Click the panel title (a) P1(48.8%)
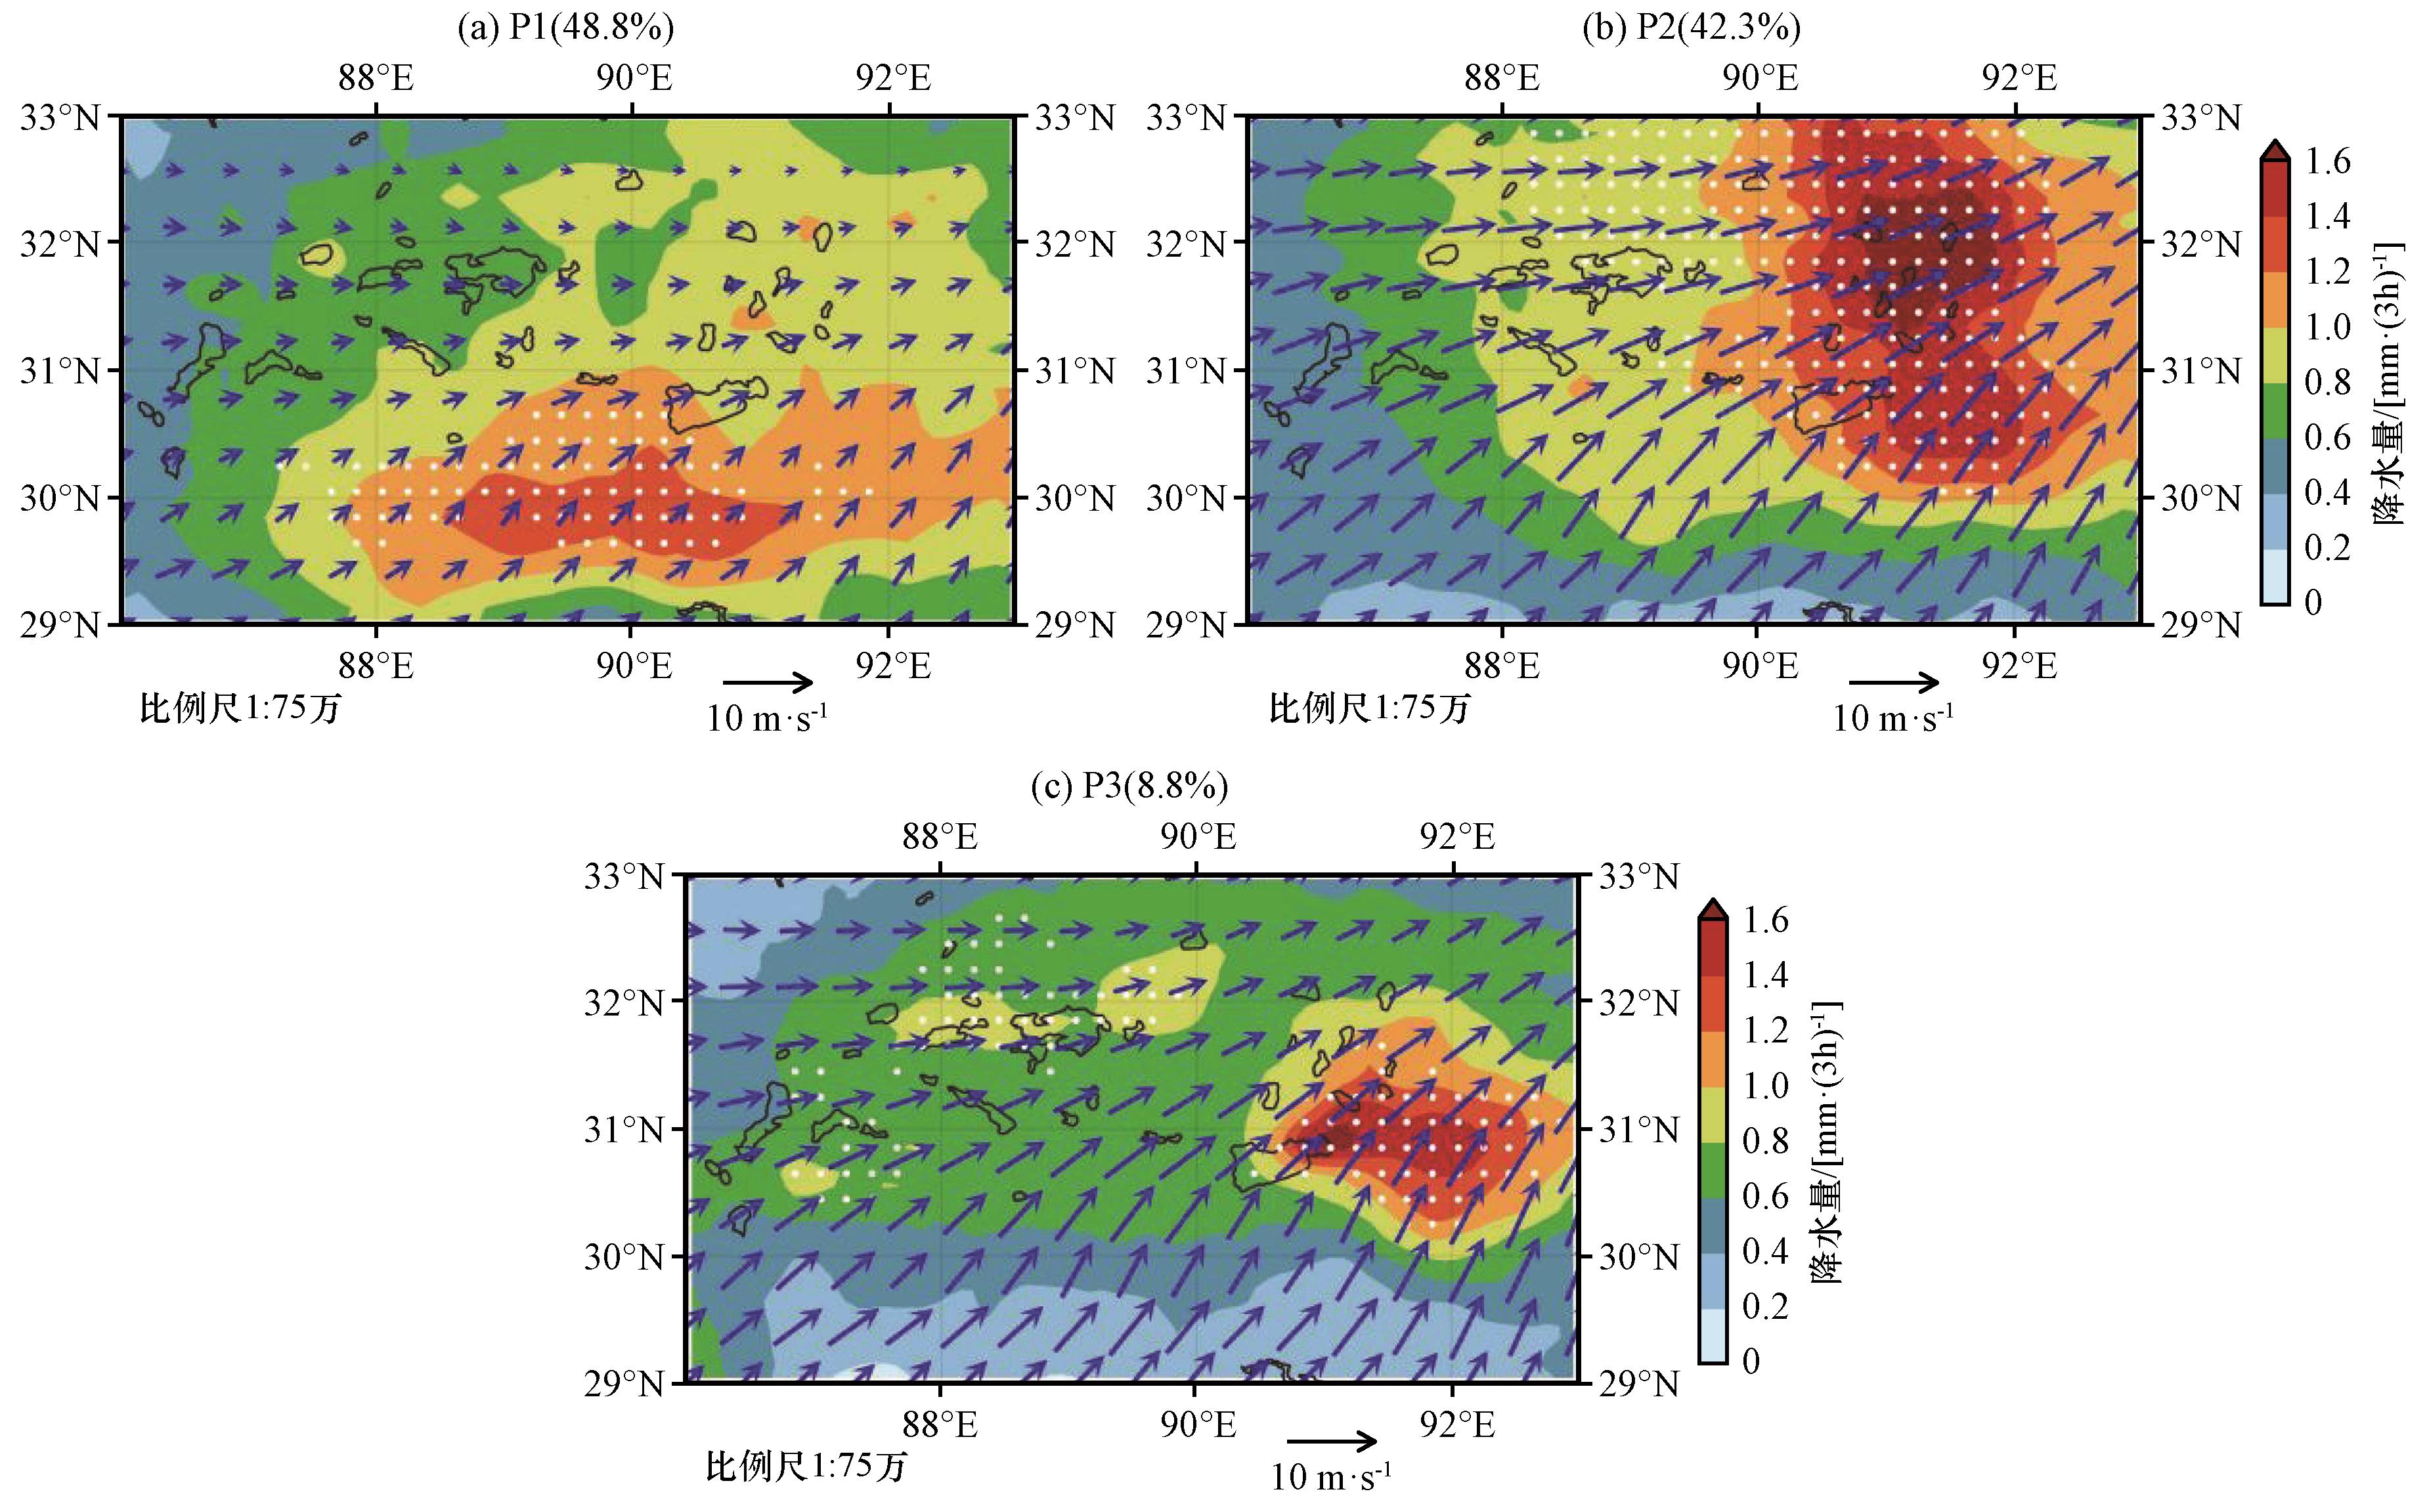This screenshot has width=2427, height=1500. pos(565,28)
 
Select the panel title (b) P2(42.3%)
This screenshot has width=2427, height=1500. pos(1691,28)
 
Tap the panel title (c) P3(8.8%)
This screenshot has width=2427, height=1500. pos(1129,786)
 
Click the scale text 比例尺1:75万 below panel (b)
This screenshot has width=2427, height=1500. pos(1369,708)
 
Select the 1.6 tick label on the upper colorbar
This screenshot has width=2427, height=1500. pos(2327,161)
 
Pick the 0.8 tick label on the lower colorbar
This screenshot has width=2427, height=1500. pos(1765,1141)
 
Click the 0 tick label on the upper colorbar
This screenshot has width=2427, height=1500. pos(2313,602)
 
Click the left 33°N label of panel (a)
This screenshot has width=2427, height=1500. pos(60,118)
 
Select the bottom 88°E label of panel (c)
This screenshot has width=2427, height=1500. pos(940,1426)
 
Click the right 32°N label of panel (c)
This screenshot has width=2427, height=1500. pos(1639,1003)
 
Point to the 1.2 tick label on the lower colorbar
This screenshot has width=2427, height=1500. pos(1765,1031)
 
